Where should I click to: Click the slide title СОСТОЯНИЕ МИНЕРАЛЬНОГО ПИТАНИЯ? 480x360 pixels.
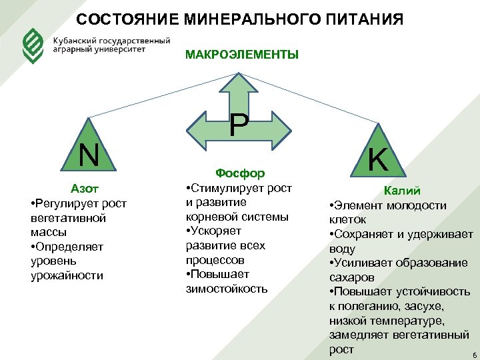[x=239, y=19]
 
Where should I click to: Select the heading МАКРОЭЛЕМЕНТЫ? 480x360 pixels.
[x=241, y=55]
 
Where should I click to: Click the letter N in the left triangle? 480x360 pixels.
[x=89, y=155]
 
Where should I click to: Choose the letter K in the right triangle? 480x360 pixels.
[x=379, y=160]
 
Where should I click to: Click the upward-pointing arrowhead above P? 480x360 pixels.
[x=239, y=84]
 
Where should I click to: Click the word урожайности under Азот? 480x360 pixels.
[x=67, y=275]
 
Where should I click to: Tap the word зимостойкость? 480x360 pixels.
[x=227, y=289]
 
